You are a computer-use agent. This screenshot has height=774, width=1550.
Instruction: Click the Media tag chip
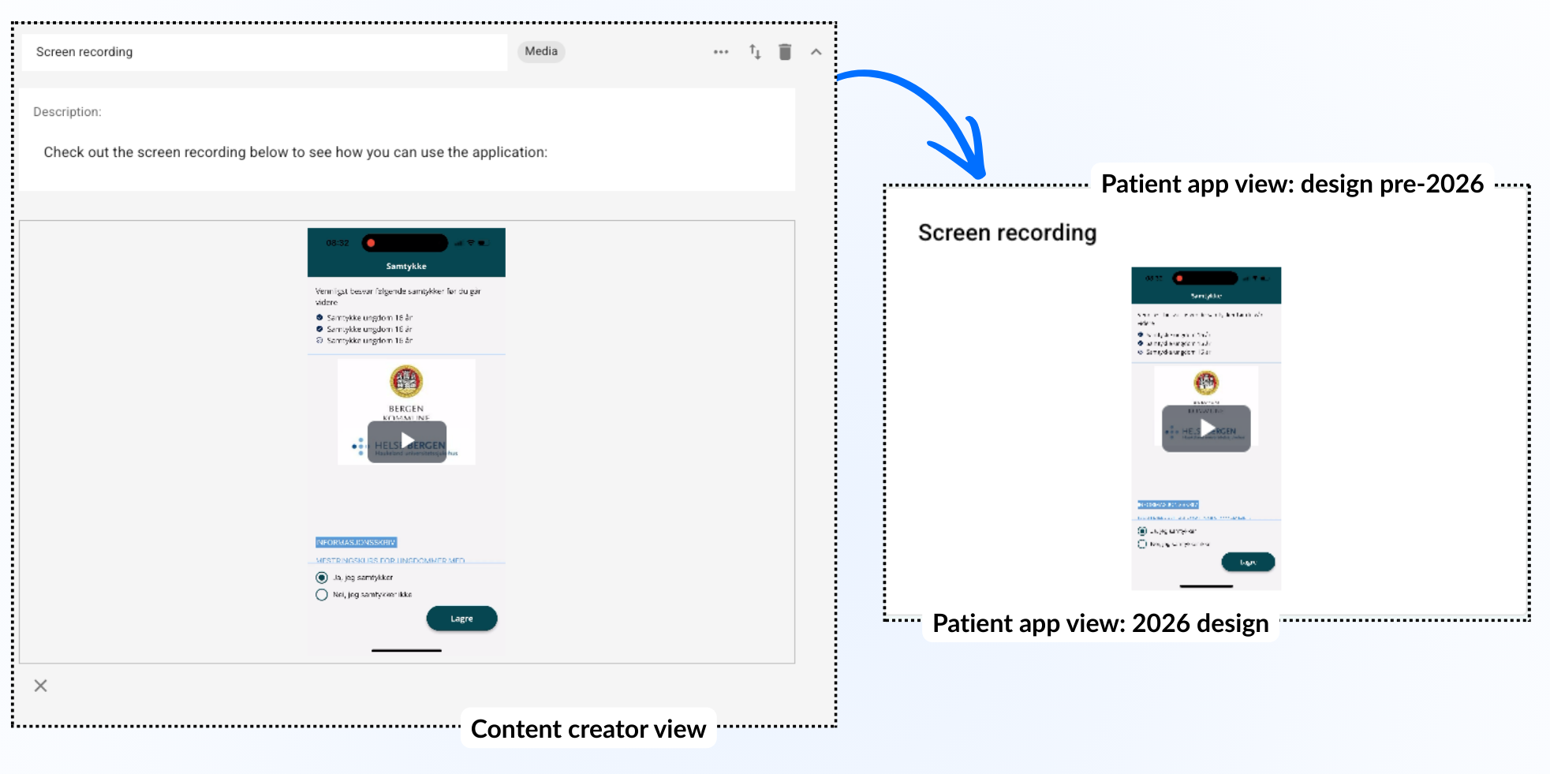(x=541, y=51)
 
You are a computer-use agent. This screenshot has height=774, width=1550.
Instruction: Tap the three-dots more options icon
(x=721, y=52)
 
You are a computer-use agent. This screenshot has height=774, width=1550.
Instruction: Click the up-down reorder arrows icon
(x=755, y=52)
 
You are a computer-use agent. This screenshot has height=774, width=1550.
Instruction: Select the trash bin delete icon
(x=785, y=52)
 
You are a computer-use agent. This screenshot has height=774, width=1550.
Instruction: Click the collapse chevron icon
(x=816, y=52)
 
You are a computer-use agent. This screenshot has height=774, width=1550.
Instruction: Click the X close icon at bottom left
(x=41, y=686)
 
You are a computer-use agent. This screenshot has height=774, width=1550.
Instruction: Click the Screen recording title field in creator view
(x=264, y=52)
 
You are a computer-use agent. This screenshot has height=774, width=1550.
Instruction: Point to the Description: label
(x=67, y=112)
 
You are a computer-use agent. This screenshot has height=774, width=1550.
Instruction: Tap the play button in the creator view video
(x=407, y=441)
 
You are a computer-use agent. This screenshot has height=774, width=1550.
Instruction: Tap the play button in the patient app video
(x=1206, y=428)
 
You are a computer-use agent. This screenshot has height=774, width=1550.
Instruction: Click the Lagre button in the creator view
(x=461, y=619)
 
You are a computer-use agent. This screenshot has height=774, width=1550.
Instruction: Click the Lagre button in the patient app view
(x=1248, y=562)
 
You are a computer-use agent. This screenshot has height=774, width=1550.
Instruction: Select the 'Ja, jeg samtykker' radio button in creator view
(x=322, y=578)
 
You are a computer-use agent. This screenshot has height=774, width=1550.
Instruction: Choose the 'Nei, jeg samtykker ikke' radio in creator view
(x=322, y=595)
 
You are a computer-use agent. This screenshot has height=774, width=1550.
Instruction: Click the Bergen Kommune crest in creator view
(x=406, y=382)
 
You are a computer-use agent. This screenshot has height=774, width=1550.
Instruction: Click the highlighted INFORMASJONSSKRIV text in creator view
(x=356, y=543)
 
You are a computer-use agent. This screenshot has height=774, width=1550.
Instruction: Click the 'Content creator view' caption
(x=588, y=729)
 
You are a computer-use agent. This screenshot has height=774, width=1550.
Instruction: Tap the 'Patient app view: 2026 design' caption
(x=1100, y=623)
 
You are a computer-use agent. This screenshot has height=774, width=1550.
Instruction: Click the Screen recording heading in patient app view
(x=1007, y=233)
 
